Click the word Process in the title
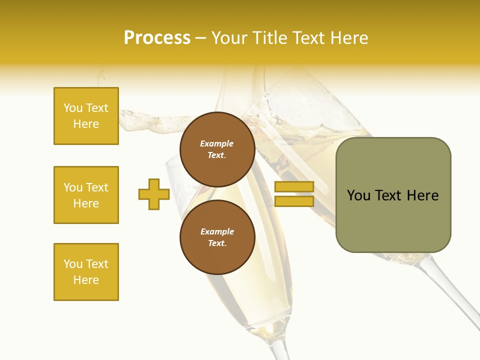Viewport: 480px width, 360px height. pos(157,38)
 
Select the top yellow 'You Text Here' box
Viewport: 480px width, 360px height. pos(86,116)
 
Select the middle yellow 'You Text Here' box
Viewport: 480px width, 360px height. pos(86,195)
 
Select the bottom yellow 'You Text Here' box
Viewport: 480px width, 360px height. pos(86,272)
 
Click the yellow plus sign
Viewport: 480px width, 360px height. pos(154,194)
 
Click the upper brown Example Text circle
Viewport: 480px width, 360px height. pos(217,149)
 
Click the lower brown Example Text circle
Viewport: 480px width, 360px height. pos(217,237)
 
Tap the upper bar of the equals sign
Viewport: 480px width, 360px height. pos(294,186)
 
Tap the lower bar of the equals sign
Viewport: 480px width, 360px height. pos(294,201)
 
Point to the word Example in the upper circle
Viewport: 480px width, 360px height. pos(217,143)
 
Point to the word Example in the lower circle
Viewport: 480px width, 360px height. pos(217,231)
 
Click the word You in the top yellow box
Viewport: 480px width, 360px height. pos(73,108)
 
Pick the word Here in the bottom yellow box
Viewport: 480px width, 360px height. pos(86,280)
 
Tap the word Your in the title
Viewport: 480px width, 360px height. pos(230,38)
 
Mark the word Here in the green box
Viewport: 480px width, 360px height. pos(422,195)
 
